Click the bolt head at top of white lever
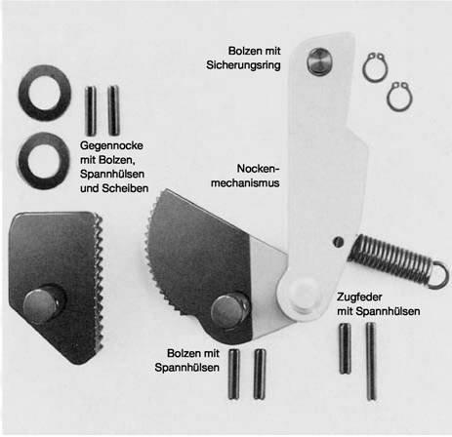click(x=319, y=61)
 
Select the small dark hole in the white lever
click(x=339, y=242)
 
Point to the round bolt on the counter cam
click(x=41, y=305)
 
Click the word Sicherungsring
click(x=243, y=65)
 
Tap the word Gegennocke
click(x=111, y=145)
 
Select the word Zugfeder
click(x=359, y=297)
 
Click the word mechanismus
click(x=245, y=182)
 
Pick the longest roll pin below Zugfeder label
click(x=371, y=361)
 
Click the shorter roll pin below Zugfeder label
click(x=346, y=348)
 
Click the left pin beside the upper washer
click(x=91, y=110)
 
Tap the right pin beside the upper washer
click(x=113, y=110)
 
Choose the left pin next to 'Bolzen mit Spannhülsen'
click(x=234, y=374)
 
